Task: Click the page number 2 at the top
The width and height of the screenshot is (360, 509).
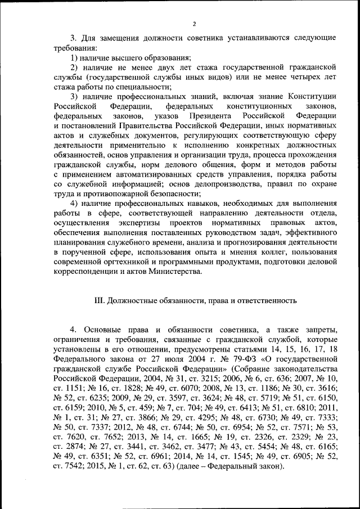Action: [x=193, y=24]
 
